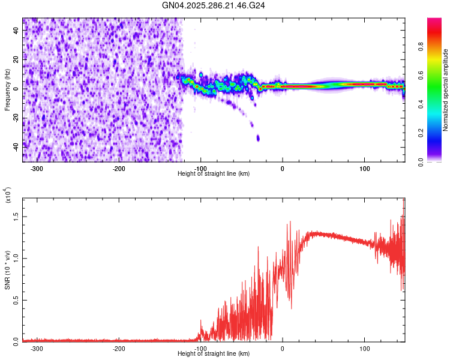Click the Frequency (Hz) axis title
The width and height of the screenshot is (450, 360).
7,89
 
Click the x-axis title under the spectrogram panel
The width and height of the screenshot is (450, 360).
214,173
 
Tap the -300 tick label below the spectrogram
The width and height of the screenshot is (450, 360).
37,168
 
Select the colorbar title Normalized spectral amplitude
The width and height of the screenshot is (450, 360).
445,90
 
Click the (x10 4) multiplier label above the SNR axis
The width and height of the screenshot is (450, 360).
7,196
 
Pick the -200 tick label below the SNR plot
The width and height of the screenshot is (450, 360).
119,348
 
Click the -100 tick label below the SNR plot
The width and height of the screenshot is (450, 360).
200,348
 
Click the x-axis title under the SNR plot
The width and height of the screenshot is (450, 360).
214,354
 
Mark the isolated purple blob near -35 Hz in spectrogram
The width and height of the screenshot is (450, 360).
258,138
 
